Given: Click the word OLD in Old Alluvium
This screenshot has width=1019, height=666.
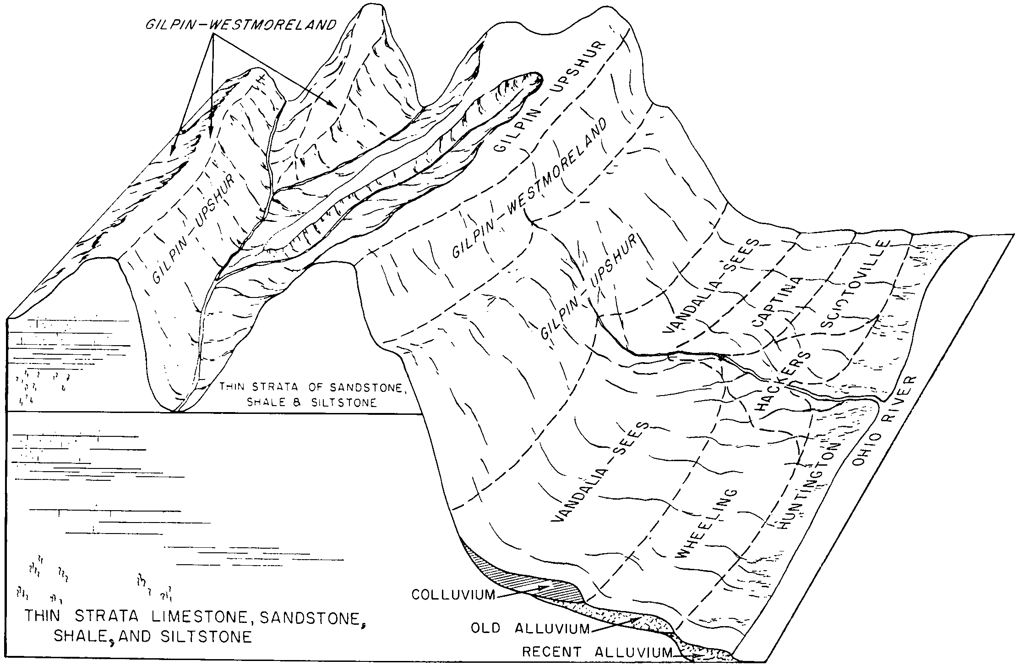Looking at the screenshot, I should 488,627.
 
